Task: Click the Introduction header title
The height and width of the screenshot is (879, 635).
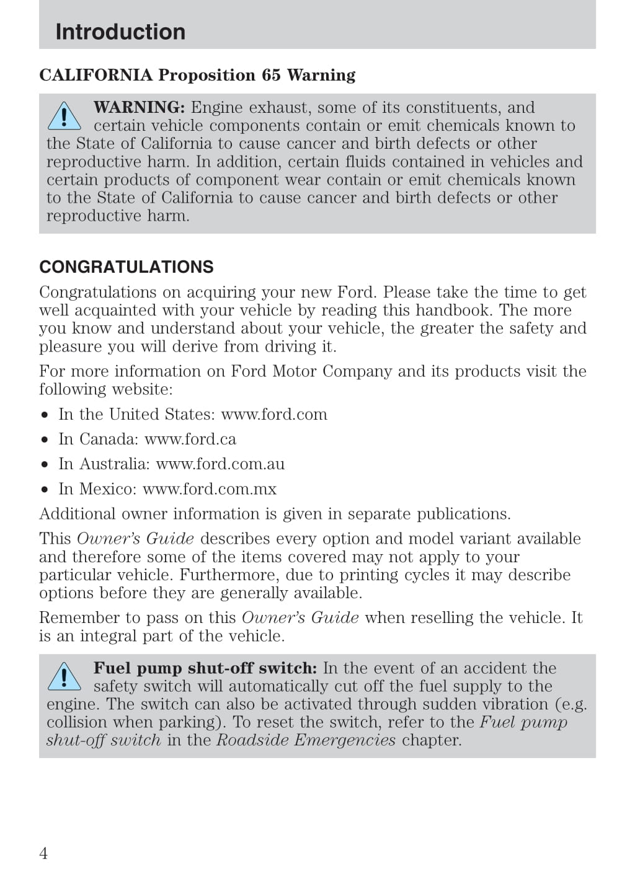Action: pos(120,32)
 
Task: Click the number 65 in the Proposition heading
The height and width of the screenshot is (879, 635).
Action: pos(271,75)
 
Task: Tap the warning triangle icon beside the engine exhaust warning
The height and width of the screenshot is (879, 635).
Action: pos(64,117)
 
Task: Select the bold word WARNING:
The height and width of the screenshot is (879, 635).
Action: pos(139,107)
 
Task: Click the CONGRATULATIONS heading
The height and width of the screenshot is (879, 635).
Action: pos(127,267)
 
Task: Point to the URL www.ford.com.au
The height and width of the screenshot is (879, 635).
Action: pos(220,464)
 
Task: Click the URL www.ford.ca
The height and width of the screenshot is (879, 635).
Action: pos(190,439)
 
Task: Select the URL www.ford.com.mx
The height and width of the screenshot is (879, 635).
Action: pos(210,488)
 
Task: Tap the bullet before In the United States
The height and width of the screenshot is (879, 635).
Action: pos(45,415)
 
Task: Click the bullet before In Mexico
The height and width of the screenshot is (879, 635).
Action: pos(45,489)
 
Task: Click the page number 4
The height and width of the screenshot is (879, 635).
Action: pos(43,854)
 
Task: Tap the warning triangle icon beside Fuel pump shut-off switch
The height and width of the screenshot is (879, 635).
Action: pos(64,677)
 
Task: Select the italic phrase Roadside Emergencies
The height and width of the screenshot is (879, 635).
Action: pos(306,740)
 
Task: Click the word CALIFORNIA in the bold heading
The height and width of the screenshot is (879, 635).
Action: pos(95,75)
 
